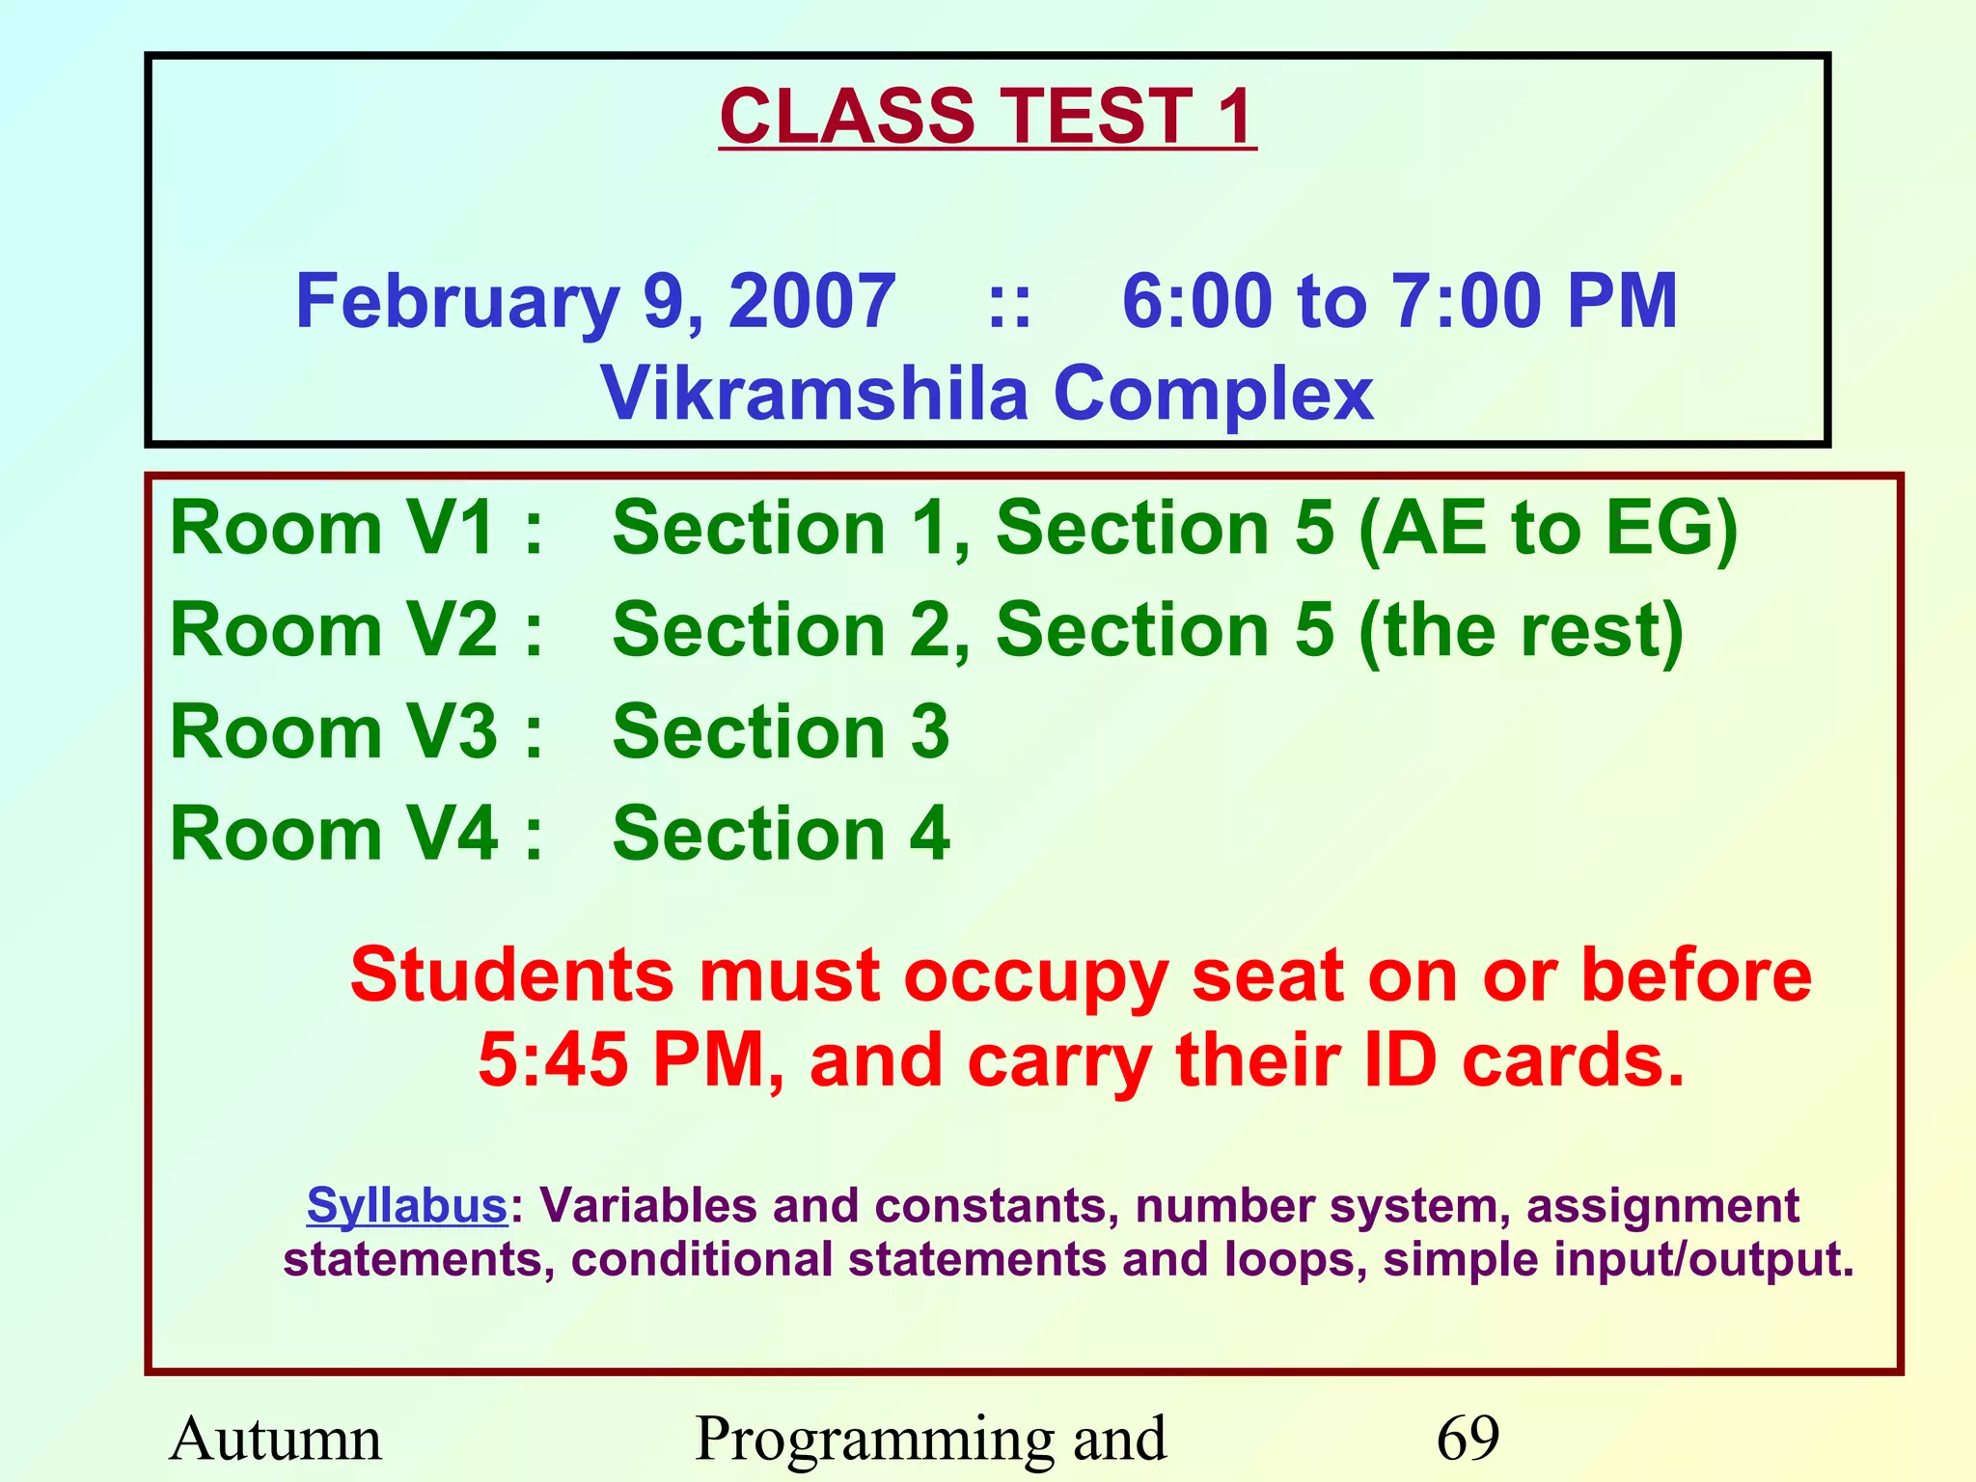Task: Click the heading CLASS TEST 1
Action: pyautogui.click(x=987, y=117)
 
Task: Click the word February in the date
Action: pyautogui.click(x=456, y=302)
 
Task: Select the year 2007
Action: pyautogui.click(x=811, y=302)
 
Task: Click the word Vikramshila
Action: pyautogui.click(x=814, y=394)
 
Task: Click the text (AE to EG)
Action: pyautogui.click(x=1547, y=530)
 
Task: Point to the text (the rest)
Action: pyautogui.click(x=1520, y=631)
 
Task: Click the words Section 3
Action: pyautogui.click(x=781, y=732)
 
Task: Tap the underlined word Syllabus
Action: pyautogui.click(x=406, y=1206)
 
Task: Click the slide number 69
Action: pyautogui.click(x=1468, y=1438)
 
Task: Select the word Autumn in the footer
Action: pyautogui.click(x=276, y=1438)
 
